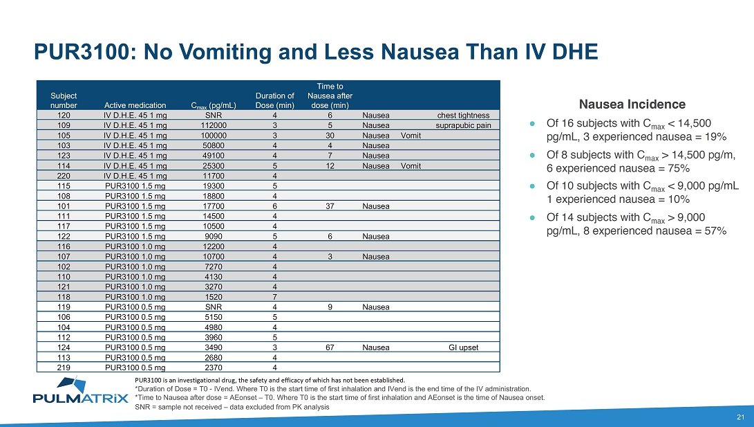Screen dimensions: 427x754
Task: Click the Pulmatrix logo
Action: click(x=80, y=392)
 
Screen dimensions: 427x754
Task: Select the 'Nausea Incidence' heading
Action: click(x=632, y=105)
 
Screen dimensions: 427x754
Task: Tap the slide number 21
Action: click(x=740, y=417)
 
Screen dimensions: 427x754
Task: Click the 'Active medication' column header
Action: click(x=135, y=105)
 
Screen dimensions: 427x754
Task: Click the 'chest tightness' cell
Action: click(x=464, y=116)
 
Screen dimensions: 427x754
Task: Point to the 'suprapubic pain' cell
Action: click(x=463, y=126)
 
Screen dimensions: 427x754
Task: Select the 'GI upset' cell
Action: click(x=463, y=347)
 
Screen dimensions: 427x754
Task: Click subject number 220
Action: click(x=64, y=176)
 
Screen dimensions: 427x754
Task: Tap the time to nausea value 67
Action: click(x=330, y=347)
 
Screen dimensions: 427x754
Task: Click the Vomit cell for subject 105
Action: click(x=411, y=136)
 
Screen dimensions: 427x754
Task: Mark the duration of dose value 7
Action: click(x=275, y=296)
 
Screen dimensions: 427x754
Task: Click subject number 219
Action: click(x=64, y=367)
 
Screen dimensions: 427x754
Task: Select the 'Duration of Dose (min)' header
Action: click(x=275, y=100)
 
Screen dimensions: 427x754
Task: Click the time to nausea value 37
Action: click(x=330, y=206)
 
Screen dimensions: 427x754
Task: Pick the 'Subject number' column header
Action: click(x=64, y=100)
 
